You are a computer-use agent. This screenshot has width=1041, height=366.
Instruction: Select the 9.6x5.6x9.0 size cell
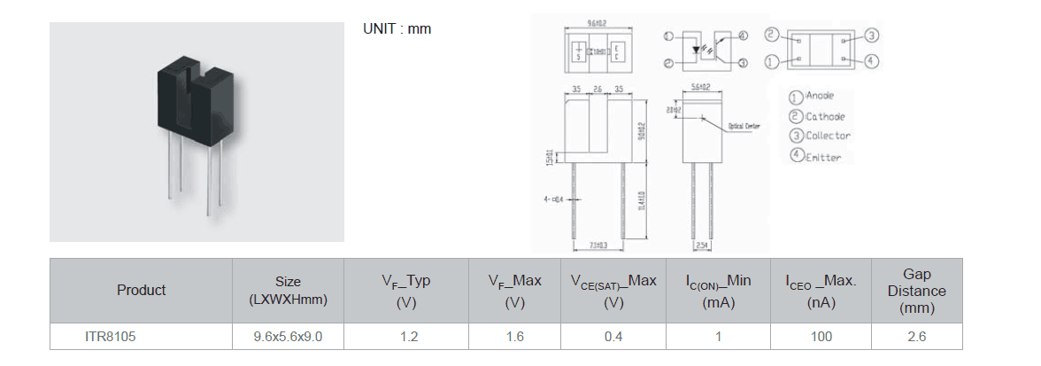pos(288,337)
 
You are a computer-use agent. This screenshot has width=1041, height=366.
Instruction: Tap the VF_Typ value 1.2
pos(408,337)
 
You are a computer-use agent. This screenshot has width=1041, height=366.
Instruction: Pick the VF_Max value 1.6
pos(514,337)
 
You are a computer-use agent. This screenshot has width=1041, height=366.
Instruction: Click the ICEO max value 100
pos(821,337)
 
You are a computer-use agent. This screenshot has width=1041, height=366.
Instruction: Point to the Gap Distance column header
pos(916,292)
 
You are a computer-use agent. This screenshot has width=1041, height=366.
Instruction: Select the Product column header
pos(141,290)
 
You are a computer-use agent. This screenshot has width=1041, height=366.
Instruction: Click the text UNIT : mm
pos(397,28)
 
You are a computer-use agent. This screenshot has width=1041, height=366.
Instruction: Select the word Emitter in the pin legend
pos(822,157)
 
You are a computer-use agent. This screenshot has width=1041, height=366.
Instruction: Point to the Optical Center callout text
pos(744,126)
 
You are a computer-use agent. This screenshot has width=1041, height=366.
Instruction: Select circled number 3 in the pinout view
pos(871,35)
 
